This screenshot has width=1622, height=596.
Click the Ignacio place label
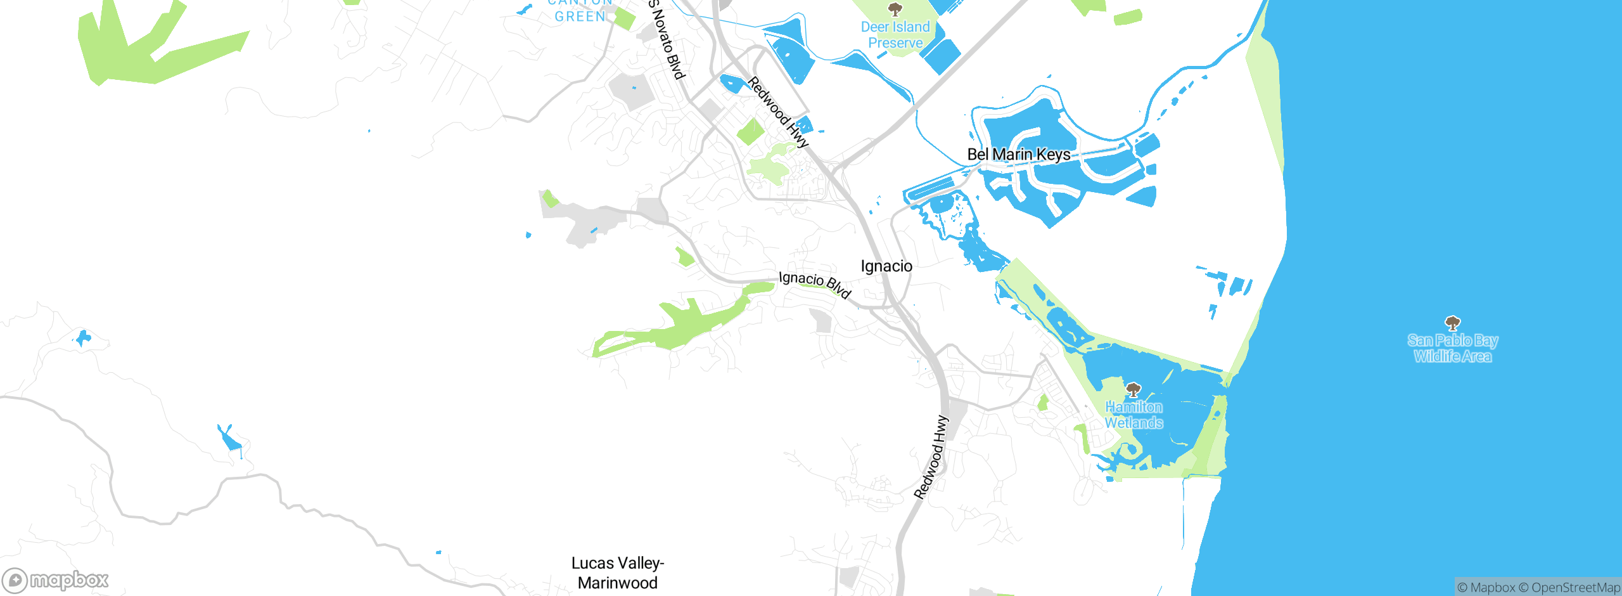886,266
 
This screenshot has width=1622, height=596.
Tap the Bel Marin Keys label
1018,155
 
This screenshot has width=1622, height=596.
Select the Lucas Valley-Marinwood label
617,573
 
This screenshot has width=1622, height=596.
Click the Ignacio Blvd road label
814,284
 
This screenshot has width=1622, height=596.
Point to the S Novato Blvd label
667,39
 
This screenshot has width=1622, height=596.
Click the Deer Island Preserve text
895,35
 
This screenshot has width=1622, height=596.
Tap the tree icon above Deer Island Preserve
895,9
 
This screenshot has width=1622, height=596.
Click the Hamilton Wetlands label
1133,415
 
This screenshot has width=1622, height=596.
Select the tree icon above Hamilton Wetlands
1133,389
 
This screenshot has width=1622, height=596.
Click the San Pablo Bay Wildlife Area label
1452,348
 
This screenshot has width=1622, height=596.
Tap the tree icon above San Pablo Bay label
1452,323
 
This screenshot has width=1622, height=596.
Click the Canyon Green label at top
580,13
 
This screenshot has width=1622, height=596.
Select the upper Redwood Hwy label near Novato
777,112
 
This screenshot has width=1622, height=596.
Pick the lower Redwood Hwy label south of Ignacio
931,457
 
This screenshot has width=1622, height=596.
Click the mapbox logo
56,580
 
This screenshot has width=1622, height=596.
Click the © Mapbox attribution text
1486,588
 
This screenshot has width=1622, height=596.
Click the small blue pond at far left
83,338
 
